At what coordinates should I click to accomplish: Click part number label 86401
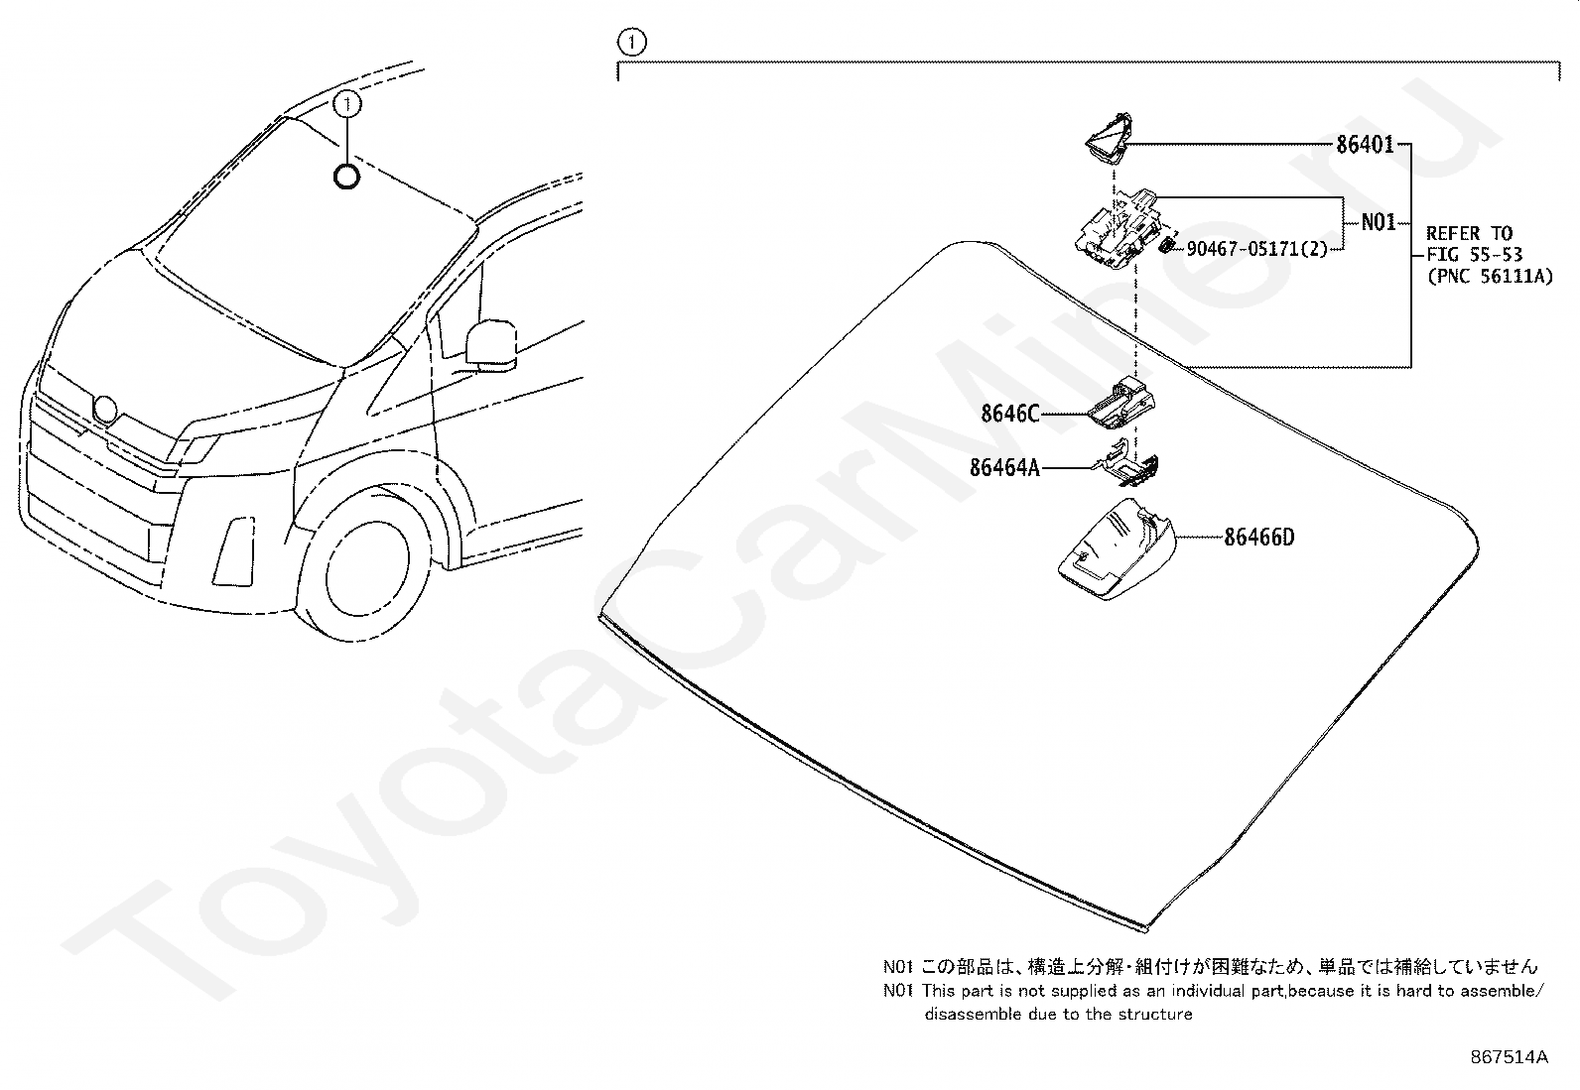coord(1365,145)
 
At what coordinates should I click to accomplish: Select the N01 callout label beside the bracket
coord(1378,222)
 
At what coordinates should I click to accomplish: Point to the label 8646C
coord(1009,414)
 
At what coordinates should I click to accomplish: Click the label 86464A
coord(1004,467)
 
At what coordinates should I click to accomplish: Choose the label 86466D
coord(1258,538)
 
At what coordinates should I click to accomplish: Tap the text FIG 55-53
coord(1474,256)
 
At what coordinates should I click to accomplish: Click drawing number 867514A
coord(1509,1057)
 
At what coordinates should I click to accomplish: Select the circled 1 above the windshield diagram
coord(630,42)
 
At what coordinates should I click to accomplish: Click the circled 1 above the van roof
coord(346,102)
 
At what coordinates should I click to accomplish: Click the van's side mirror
coord(490,342)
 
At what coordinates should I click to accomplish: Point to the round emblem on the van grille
coord(103,409)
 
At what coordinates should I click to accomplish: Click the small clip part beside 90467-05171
coord(1168,244)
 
